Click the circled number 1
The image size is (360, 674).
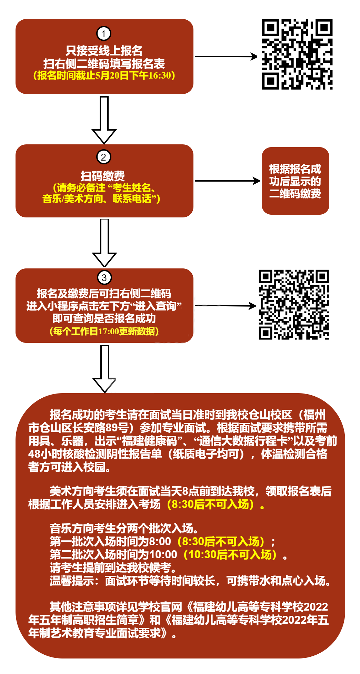tap(103, 34)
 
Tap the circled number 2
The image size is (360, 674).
tap(103, 157)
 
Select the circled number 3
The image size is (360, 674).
tap(104, 277)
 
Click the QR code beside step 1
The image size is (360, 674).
tap(297, 54)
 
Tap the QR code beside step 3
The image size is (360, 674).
tap(294, 305)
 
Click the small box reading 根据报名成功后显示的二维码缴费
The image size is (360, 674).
tap(295, 181)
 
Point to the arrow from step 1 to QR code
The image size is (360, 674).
tap(226, 57)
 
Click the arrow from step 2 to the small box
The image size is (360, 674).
tap(227, 181)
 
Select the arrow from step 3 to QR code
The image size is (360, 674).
tap(226, 306)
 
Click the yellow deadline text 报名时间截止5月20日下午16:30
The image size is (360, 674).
tap(104, 75)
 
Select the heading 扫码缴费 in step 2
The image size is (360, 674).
tap(103, 176)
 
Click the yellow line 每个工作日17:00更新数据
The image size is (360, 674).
tap(104, 331)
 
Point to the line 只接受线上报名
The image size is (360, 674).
tap(104, 51)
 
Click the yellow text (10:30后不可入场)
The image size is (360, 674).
tap(231, 554)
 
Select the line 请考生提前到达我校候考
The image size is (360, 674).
tap(113, 568)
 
